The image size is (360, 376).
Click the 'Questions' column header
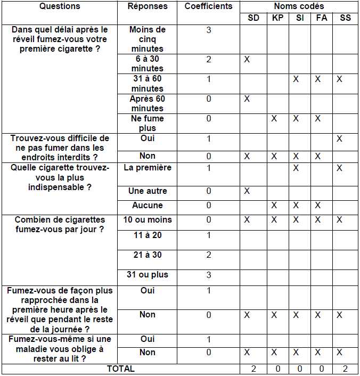click(60, 6)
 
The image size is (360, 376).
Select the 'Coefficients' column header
click(208, 6)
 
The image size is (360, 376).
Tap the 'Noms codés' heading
click(299, 6)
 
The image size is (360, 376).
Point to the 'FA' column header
click(322, 18)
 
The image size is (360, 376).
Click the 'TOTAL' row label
click(121, 369)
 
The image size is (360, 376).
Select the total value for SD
click(253, 369)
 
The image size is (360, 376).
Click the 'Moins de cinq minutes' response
click(148, 39)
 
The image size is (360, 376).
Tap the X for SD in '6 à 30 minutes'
click(247, 59)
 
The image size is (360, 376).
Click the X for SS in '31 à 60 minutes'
click(339, 79)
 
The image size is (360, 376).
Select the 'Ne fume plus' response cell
click(148, 123)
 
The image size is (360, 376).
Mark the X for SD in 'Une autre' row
click(247, 191)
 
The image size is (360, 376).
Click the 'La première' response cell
click(148, 168)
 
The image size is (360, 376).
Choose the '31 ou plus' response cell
click(148, 275)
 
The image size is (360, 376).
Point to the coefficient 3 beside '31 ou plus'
click(208, 275)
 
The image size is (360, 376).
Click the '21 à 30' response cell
click(148, 255)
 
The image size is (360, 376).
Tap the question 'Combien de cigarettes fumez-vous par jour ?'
click(60, 224)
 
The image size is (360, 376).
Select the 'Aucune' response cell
click(148, 205)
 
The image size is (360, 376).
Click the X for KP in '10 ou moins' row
click(274, 219)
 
